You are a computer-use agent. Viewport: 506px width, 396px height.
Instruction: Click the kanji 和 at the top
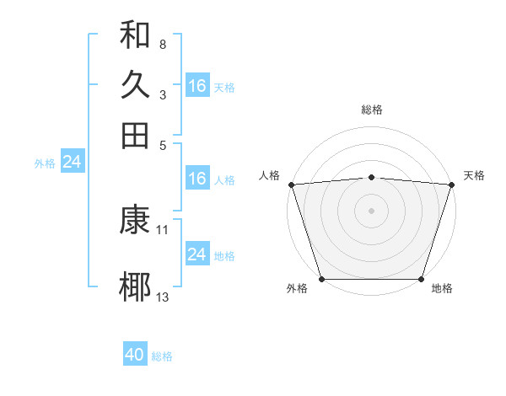(135, 36)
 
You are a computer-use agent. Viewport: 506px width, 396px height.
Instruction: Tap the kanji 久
(135, 85)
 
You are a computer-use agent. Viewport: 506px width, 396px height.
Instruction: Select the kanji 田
(135, 135)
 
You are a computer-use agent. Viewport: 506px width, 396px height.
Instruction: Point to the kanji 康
(135, 220)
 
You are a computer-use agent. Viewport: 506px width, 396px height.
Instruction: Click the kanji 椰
(135, 286)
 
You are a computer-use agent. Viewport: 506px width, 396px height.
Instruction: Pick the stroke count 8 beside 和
(162, 44)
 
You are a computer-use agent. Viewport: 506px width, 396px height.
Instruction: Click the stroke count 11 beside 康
(163, 229)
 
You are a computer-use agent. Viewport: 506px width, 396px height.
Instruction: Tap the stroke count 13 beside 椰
(163, 296)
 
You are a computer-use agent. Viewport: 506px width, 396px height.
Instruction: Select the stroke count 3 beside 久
(162, 94)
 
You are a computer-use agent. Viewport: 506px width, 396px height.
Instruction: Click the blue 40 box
(135, 355)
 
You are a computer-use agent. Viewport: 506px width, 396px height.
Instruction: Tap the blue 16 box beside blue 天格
(197, 86)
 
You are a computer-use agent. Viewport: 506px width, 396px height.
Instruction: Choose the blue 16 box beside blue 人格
(197, 179)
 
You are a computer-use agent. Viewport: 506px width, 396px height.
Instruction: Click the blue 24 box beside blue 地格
(197, 254)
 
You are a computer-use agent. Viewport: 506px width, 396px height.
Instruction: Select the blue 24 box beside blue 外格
(72, 162)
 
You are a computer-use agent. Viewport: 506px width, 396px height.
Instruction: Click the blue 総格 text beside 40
(162, 356)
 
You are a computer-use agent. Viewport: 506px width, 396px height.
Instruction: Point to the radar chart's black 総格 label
(371, 110)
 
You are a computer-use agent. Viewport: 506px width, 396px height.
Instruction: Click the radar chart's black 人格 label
(270, 175)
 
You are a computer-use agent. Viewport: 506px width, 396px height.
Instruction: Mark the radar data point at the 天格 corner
(452, 184)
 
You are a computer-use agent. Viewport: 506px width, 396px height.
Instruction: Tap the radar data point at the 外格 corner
(321, 279)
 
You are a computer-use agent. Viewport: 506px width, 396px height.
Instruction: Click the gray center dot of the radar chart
(371, 210)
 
